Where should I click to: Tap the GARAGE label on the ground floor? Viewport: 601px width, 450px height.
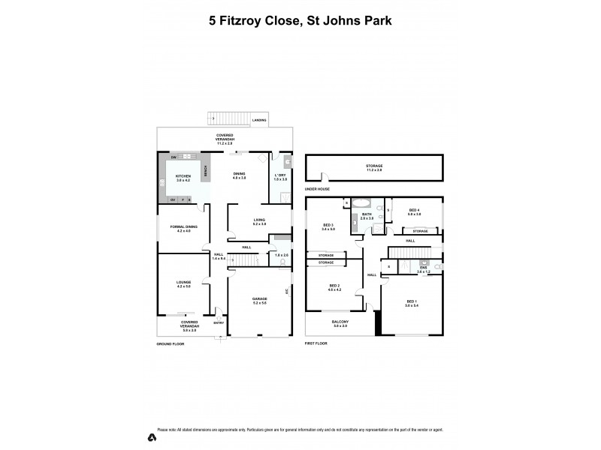pyautogui.click(x=259, y=299)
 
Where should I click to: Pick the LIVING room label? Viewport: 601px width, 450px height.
pyautogui.click(x=259, y=220)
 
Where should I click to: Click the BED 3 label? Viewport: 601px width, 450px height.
pyautogui.click(x=328, y=226)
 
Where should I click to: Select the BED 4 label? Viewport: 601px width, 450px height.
pyautogui.click(x=414, y=211)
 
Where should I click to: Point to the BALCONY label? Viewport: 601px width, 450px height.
pyautogui.click(x=340, y=322)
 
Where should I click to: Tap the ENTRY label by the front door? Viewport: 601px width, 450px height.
pyautogui.click(x=219, y=323)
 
